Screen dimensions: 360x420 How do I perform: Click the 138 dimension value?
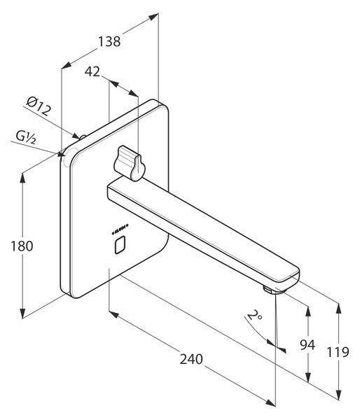(x=109, y=41)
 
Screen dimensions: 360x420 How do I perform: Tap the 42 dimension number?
(x=92, y=71)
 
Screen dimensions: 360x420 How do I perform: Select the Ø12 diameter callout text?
(x=39, y=106)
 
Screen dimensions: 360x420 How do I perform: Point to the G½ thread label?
(x=26, y=137)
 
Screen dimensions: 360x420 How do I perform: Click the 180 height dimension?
(x=22, y=246)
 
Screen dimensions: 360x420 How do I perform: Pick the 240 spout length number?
(x=191, y=359)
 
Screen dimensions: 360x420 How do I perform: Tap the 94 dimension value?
(x=307, y=344)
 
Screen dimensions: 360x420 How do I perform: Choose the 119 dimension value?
(x=338, y=352)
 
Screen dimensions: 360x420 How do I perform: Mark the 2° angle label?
(x=254, y=315)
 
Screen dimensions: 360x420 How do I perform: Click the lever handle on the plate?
(x=130, y=162)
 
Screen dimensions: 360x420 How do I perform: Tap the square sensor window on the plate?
(x=120, y=245)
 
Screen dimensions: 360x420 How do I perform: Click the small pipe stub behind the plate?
(x=83, y=137)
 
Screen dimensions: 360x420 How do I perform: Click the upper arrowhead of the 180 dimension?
(x=22, y=178)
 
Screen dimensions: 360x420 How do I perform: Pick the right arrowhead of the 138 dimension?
(x=153, y=17)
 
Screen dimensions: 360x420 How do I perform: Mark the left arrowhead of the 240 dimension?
(x=114, y=315)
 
